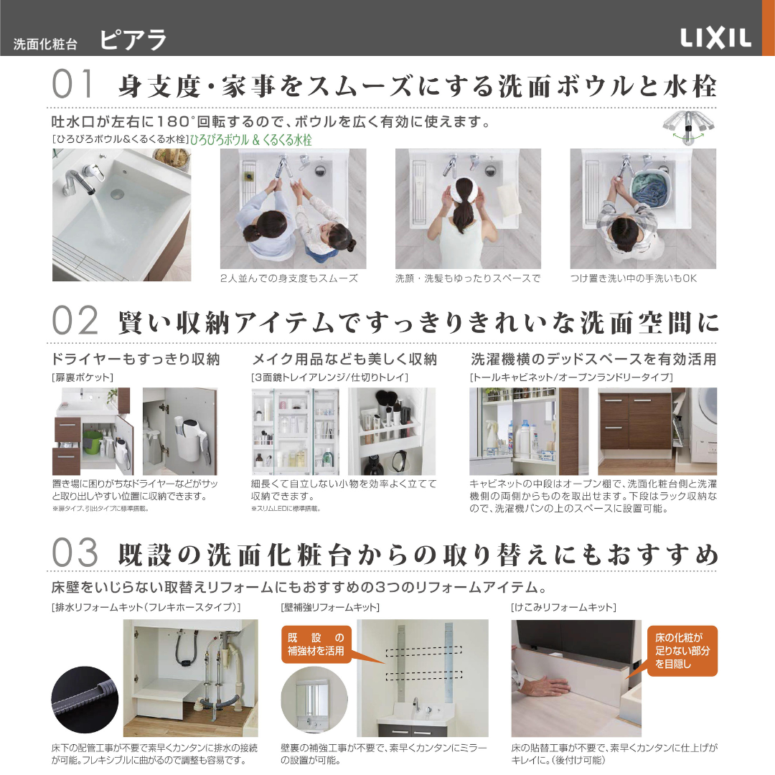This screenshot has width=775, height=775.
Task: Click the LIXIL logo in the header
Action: coord(715,38)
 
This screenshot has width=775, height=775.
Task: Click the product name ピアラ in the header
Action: coord(133,40)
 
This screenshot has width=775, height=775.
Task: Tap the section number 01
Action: coord(72,84)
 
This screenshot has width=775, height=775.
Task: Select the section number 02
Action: coord(75,320)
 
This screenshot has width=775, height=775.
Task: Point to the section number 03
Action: coord(75,553)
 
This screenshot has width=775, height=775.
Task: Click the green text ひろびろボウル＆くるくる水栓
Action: coord(251,140)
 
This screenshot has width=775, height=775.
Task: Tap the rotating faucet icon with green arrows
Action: coord(688,127)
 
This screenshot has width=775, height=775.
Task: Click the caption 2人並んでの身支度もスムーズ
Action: coord(289,278)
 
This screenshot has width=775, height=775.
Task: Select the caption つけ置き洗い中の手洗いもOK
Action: coord(634,278)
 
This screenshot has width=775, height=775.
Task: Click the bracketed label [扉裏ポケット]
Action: coord(83,377)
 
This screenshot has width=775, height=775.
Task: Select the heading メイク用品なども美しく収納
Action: coord(344,360)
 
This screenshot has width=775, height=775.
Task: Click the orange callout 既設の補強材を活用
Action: coord(316,644)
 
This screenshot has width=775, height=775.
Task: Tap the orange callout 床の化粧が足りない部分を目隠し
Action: coord(682,651)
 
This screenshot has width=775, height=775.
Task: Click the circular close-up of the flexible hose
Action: coord(85,700)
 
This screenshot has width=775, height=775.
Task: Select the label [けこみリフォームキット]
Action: coord(563,607)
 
